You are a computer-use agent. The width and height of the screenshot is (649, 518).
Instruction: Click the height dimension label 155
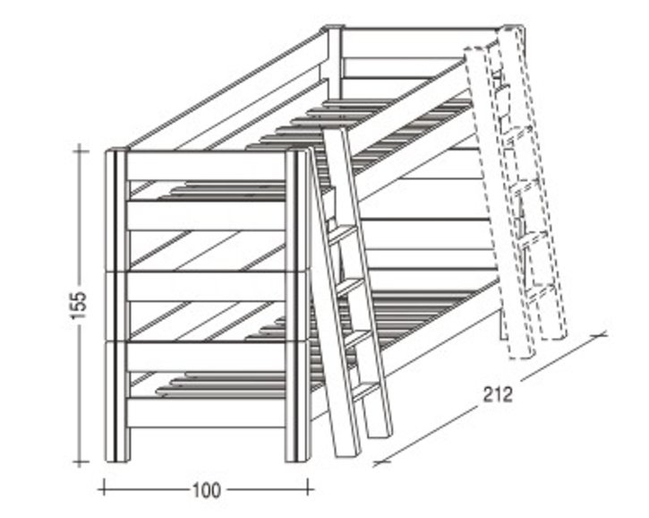point(79,306)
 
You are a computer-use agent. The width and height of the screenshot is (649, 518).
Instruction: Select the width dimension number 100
point(207,490)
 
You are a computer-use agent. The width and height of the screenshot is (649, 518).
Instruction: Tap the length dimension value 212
point(498,394)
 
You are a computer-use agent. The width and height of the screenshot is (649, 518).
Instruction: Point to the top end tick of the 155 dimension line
point(80,151)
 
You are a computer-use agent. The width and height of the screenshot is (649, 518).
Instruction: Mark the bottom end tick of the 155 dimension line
point(80,462)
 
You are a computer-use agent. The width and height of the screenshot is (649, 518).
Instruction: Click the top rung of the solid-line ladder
point(342,233)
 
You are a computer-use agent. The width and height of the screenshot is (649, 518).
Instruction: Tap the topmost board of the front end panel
point(206,166)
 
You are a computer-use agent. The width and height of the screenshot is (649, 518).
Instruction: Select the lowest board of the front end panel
point(206,412)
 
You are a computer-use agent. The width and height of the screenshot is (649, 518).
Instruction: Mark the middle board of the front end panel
point(206,287)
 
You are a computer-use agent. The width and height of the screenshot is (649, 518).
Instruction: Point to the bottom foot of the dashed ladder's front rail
point(521,351)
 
